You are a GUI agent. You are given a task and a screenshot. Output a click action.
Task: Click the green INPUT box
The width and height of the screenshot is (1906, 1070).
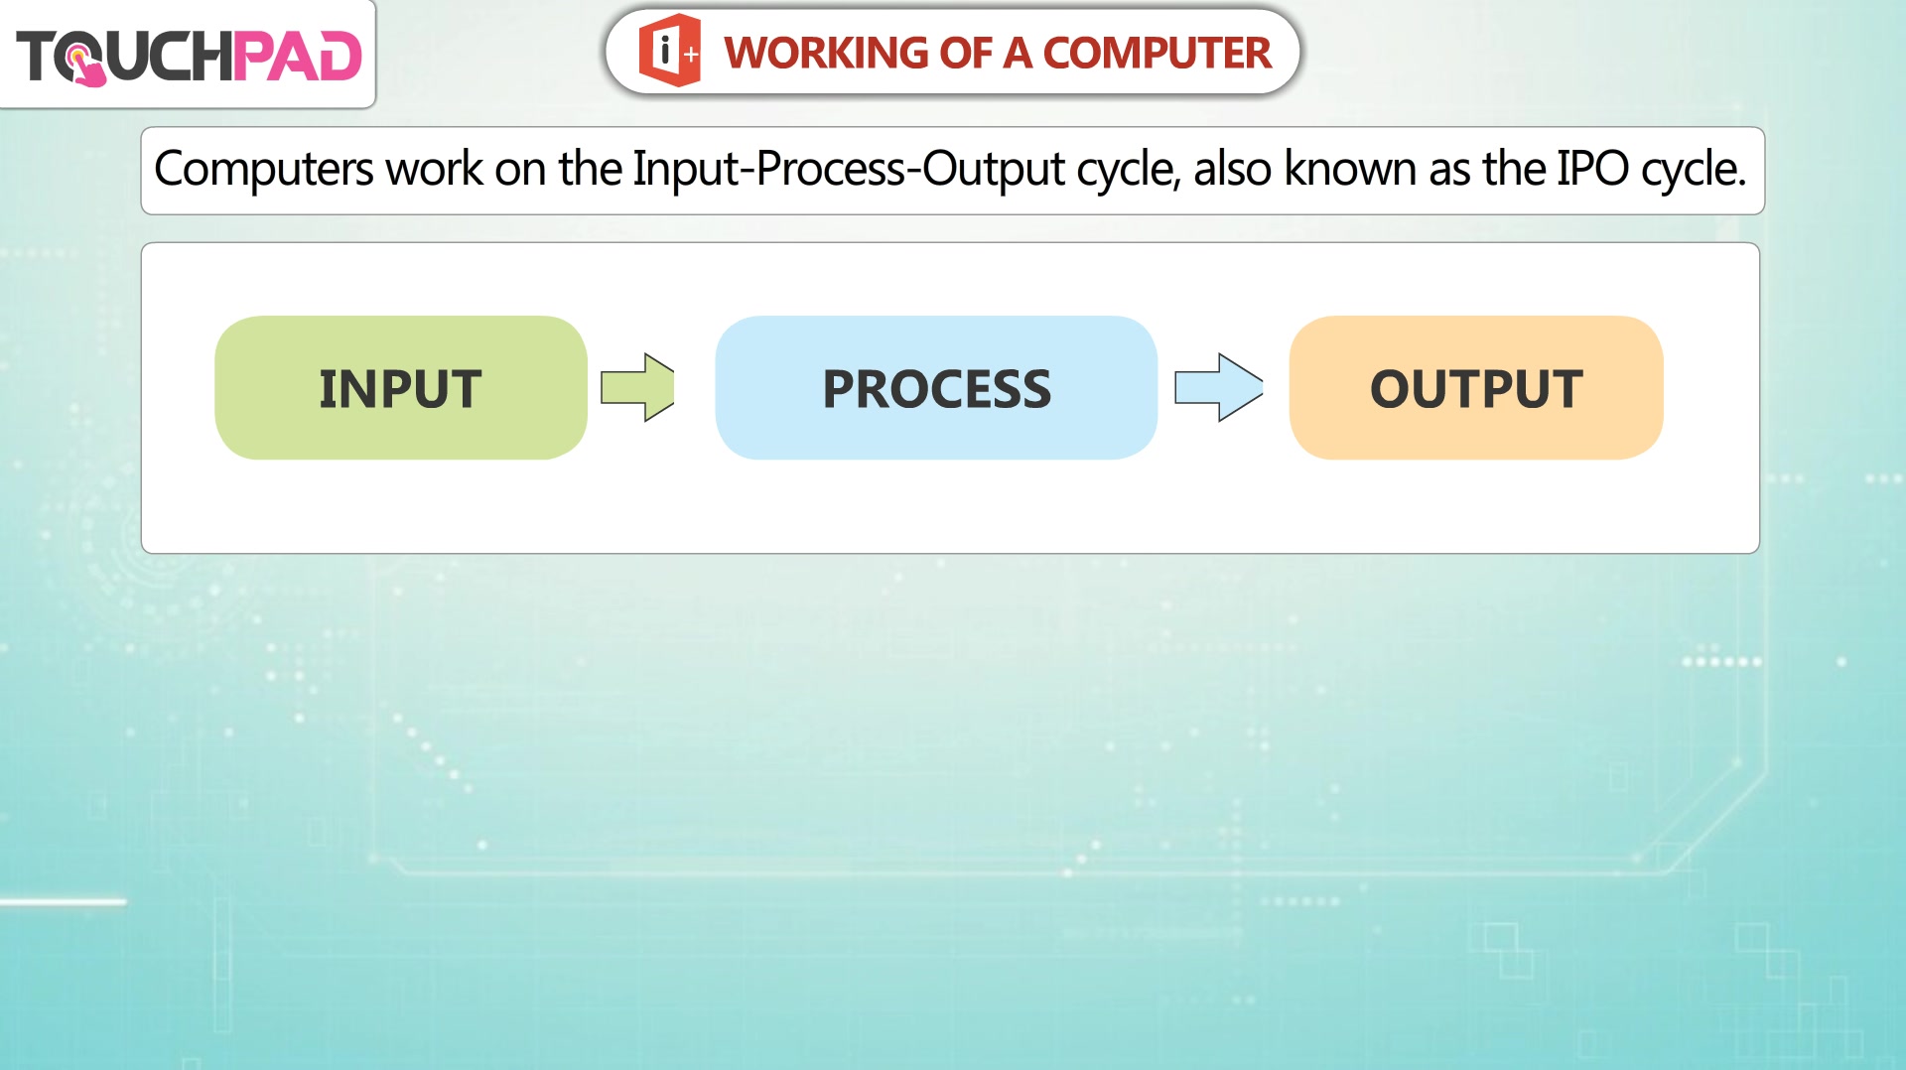point(400,387)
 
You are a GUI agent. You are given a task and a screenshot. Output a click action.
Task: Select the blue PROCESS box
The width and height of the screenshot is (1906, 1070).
point(936,387)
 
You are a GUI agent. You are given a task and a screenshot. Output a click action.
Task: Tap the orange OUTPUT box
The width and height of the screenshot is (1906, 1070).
point(1476,387)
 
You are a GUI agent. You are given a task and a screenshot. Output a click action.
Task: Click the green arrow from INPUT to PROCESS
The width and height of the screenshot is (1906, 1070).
point(637,387)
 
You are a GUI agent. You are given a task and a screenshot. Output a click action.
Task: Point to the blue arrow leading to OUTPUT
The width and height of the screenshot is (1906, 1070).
point(1219,387)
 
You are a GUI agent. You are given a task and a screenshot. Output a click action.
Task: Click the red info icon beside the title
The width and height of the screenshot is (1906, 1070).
point(670,51)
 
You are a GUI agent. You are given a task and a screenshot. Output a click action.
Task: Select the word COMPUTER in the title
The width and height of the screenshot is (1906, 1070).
point(1157,53)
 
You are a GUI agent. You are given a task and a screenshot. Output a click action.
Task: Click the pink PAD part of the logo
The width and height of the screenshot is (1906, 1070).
point(298,56)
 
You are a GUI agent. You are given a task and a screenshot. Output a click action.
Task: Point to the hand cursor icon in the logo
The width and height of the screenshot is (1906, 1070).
point(84,65)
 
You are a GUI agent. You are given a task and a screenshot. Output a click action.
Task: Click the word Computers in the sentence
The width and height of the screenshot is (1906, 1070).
point(264,169)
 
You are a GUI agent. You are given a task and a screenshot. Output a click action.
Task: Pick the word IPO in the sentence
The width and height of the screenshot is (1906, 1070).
point(1592,169)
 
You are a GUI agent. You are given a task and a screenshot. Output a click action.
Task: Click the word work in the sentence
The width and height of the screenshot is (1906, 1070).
point(434,168)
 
